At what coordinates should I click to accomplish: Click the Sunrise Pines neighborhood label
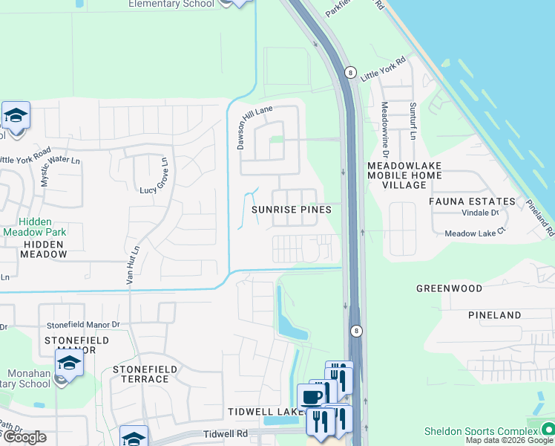[291, 210]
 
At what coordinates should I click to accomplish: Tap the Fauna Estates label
[472, 201]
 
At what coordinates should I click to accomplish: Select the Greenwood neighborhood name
[449, 288]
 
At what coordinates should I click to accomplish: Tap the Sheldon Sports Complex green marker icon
[548, 429]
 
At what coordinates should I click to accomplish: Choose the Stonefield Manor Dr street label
[83, 325]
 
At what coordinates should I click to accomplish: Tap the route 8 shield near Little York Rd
[349, 72]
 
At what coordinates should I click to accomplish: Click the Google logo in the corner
[24, 437]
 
